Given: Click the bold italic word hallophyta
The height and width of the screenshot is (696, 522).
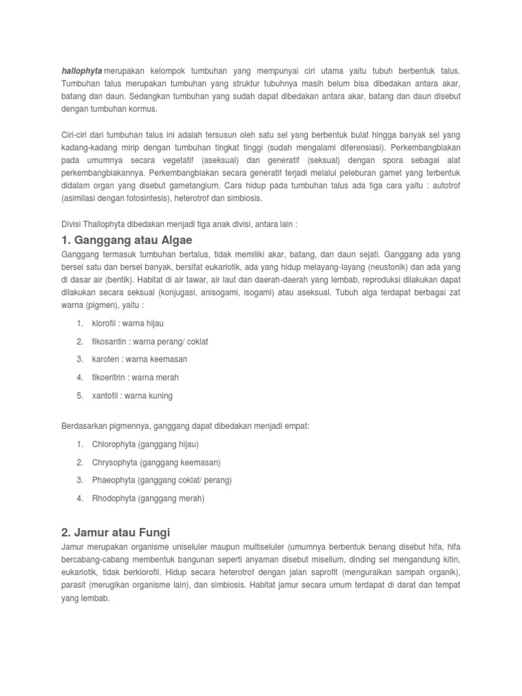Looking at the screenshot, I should [82, 71].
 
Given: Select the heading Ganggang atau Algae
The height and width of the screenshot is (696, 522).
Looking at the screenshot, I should [127, 240].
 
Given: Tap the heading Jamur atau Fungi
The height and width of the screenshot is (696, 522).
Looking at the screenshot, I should [120, 532].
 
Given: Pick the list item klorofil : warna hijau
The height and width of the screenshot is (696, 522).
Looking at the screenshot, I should [128, 323].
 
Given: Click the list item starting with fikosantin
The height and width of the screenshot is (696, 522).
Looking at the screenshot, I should [150, 341].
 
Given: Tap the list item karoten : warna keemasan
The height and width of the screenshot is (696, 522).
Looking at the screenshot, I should [139, 359].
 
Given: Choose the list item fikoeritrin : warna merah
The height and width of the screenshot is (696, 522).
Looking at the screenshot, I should [135, 377].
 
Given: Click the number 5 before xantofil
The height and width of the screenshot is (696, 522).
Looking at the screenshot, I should [80, 396].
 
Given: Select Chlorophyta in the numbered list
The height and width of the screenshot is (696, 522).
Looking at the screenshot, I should [114, 444].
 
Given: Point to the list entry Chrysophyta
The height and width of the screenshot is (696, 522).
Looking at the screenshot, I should [114, 462].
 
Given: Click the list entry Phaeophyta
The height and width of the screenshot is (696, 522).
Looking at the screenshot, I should [114, 480].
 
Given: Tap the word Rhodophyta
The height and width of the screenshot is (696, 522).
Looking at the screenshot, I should [114, 498].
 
